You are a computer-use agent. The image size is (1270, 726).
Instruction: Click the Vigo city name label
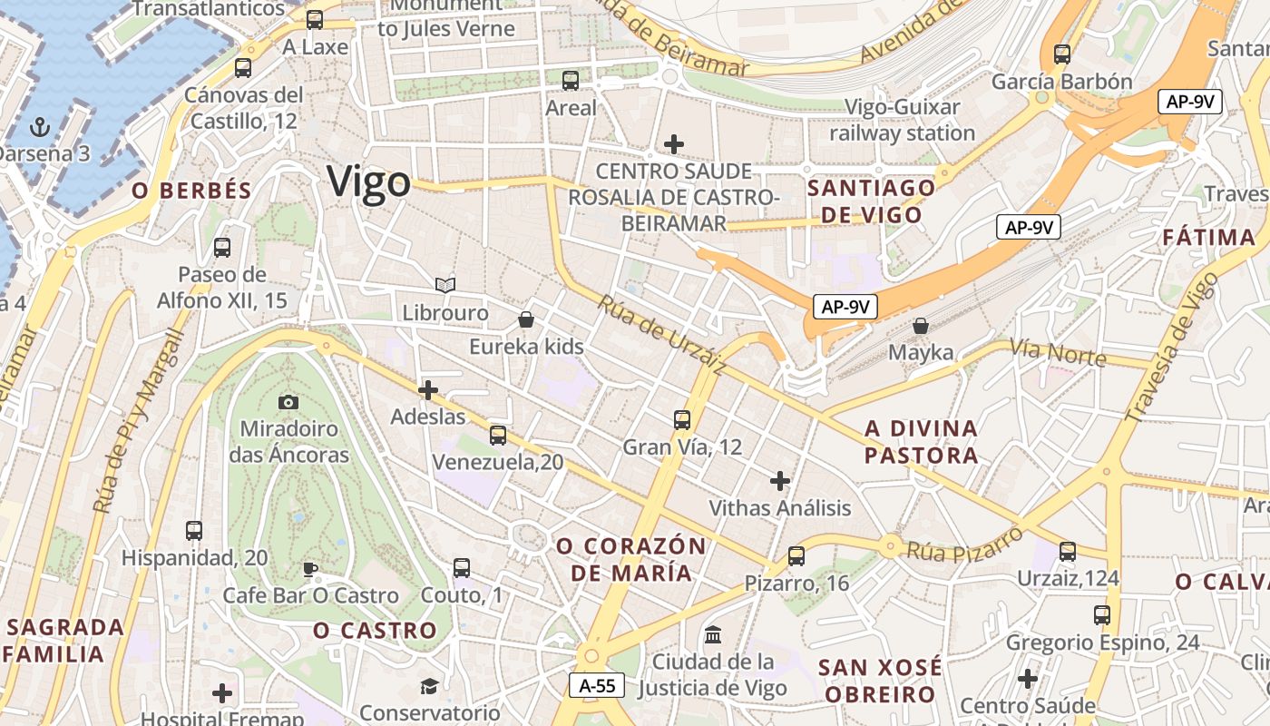pos(369,181)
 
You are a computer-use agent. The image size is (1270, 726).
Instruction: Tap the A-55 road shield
pos(598,685)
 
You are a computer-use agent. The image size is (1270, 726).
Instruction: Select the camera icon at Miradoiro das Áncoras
pos(288,402)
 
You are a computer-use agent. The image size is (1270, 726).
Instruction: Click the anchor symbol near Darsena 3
pos(40,126)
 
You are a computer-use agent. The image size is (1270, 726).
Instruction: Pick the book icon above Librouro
pos(444,286)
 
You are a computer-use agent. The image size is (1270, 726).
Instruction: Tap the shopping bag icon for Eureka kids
pos(525,319)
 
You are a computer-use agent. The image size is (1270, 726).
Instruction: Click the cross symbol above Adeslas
pos(427,390)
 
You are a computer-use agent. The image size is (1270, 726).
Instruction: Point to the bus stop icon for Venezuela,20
pos(497,436)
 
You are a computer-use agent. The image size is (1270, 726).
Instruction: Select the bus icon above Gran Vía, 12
pos(682,420)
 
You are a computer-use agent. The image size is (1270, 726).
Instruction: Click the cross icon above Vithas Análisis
pos(779,480)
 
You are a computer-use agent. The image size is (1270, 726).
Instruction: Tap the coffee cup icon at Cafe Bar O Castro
pos(309,569)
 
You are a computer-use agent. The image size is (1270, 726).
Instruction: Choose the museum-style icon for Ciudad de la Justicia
pos(713,634)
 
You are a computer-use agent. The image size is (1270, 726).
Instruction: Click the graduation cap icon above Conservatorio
pos(429,685)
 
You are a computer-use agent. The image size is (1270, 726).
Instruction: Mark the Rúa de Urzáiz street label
pos(661,334)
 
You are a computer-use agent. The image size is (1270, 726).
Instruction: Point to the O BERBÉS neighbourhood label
pos(191,191)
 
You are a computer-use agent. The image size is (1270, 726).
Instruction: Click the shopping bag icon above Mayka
pos(921,325)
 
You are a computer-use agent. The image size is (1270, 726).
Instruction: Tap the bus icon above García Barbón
pos(1061,54)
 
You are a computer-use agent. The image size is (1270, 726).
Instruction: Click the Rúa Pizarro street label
pos(964,542)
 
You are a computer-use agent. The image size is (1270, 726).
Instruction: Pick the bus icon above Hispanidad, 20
pos(194,531)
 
